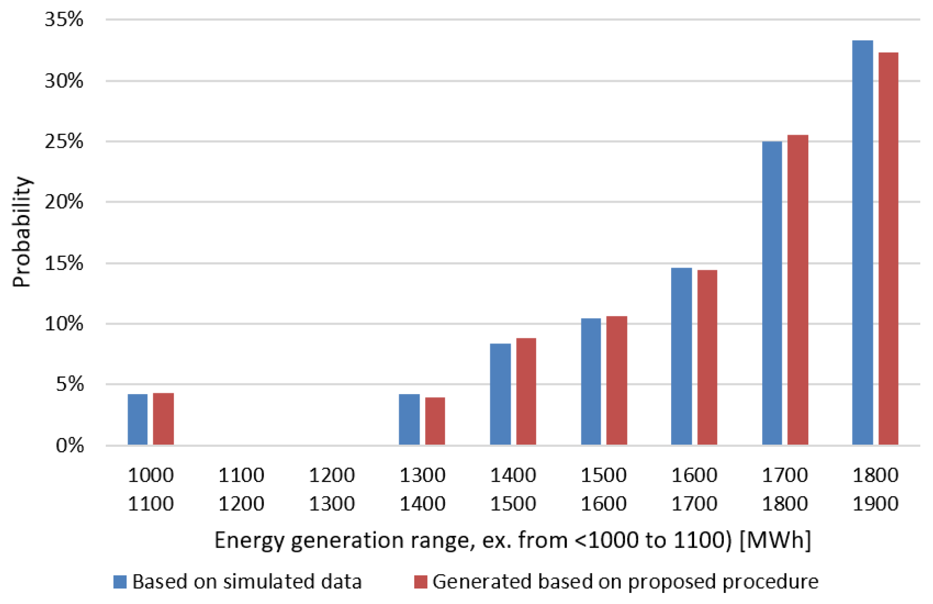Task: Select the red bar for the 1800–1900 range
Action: [x=888, y=248]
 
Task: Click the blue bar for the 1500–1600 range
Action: [x=591, y=381]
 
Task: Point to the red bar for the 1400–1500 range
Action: [x=526, y=391]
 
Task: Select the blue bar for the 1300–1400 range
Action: [x=409, y=419]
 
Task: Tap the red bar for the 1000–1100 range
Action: [x=163, y=419]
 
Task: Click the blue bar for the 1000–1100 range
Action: [x=138, y=419]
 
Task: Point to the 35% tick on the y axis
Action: [x=64, y=20]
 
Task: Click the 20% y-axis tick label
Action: [x=64, y=202]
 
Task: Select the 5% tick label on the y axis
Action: [x=70, y=384]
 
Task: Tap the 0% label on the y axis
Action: [x=70, y=445]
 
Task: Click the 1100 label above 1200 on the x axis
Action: [x=241, y=476]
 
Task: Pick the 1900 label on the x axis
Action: [x=875, y=504]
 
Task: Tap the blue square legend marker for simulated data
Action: [x=120, y=582]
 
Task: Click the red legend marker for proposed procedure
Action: [x=420, y=582]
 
